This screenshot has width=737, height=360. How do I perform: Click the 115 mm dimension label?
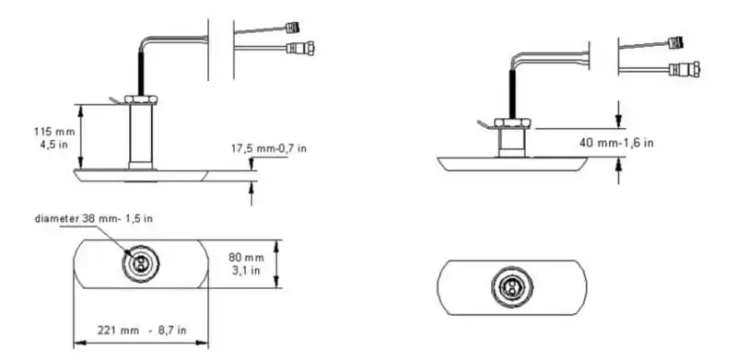point(54,132)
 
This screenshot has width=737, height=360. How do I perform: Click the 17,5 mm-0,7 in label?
point(268,148)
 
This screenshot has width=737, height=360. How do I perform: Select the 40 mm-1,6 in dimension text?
point(616,143)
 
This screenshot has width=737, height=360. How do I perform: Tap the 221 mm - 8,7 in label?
point(142,330)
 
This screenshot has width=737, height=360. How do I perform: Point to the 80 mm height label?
point(246,258)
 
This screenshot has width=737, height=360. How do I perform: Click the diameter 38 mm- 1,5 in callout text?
point(94,218)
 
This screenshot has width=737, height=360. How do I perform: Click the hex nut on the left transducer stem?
point(141,99)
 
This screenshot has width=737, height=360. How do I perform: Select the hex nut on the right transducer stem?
point(512,123)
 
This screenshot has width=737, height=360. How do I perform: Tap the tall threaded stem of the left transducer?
point(141,136)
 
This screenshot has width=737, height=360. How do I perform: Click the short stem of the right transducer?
point(512,143)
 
